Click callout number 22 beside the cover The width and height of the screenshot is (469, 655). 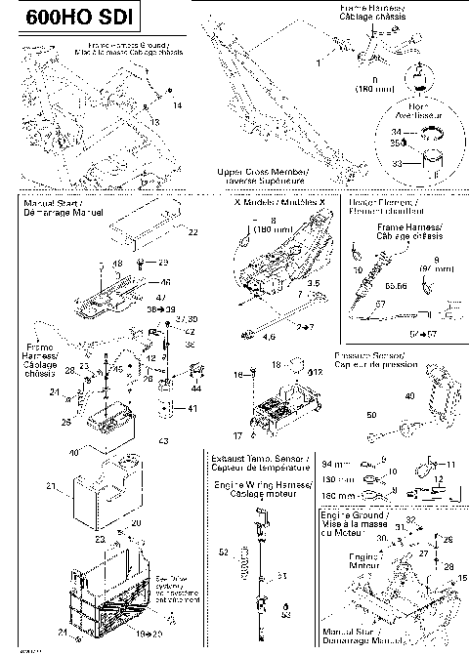click(192, 231)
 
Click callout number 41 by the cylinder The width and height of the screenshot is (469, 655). click(192, 407)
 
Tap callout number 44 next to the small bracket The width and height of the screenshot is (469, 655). click(197, 388)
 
